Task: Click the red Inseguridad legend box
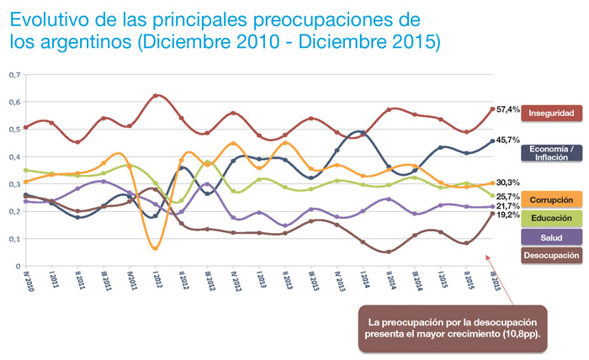coord(551,112)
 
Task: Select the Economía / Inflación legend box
coord(551,152)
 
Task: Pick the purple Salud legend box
coord(551,238)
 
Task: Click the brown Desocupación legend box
coord(551,256)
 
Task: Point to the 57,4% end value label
coord(507,109)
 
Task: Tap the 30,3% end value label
coord(507,183)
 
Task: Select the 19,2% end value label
coord(507,215)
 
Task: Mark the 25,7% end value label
coord(507,196)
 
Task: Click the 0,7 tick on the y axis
coord(14,75)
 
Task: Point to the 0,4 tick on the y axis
coord(14,156)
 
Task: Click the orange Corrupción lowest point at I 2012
coord(156,247)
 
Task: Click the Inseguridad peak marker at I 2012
coord(156,96)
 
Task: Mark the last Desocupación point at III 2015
coord(493,214)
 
